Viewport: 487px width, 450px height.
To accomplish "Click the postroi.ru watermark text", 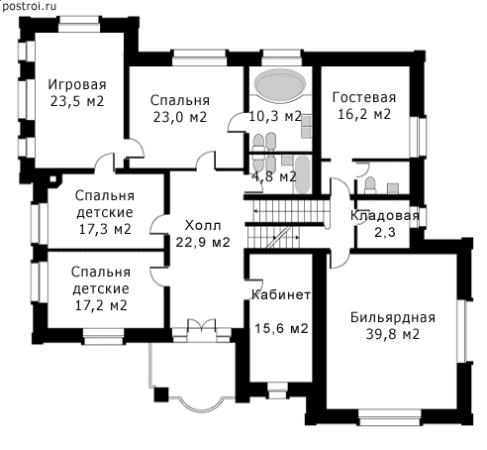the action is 29,6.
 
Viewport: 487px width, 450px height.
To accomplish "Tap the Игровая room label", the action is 77,85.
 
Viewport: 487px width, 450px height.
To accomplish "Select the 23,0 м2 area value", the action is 179,117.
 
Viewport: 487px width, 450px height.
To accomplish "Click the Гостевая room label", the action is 364,97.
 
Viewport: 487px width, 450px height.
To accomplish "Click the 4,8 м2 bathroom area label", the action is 274,177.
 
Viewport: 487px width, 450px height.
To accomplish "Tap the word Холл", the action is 203,226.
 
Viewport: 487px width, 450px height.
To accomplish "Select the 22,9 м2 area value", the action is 203,242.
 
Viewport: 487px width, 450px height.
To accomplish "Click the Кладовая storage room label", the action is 385,216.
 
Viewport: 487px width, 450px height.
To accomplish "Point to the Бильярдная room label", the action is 393,317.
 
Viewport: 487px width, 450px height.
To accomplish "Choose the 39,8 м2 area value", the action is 393,334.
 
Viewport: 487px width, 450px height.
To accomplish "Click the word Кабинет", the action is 281,294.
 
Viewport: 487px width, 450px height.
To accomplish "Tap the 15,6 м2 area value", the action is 281,328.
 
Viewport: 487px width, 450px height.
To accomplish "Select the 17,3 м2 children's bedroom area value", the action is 105,229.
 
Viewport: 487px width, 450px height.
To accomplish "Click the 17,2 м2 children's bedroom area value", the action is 101,305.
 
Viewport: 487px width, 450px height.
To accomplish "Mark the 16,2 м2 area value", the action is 364,114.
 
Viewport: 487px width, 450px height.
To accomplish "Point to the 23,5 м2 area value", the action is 77,101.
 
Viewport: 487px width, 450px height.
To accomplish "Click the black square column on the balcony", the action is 161,394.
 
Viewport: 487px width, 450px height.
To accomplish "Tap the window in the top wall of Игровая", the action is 79,24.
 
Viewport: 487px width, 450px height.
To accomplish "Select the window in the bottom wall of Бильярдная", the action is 390,417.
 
